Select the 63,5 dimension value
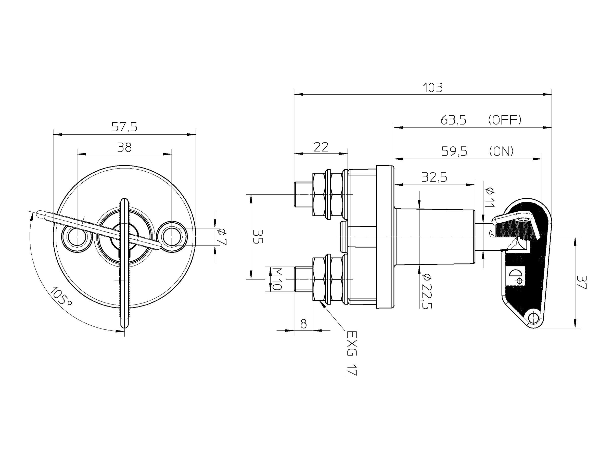click(x=453, y=120)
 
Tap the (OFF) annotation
click(x=505, y=120)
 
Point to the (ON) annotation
click(x=501, y=151)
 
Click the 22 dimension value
click(x=321, y=147)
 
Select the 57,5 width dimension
click(x=124, y=127)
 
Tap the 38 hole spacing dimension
click(x=124, y=147)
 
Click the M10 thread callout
click(x=276, y=279)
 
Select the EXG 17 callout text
click(x=352, y=353)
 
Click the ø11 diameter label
click(x=490, y=197)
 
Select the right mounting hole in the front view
click(x=172, y=237)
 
